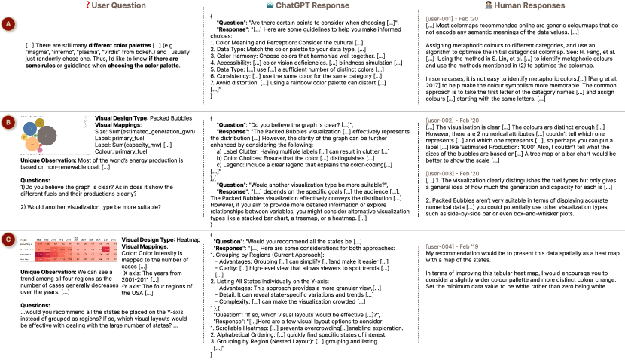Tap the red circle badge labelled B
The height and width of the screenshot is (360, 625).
click(9, 121)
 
